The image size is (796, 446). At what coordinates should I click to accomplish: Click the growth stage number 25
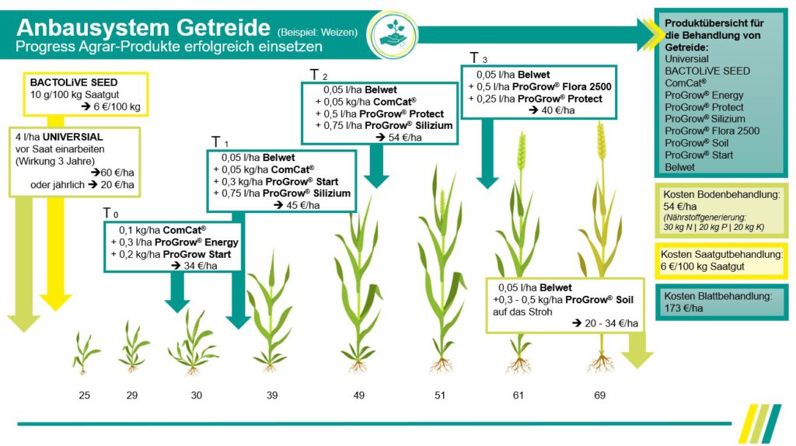click(x=84, y=395)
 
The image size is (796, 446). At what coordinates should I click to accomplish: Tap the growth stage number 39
click(x=272, y=395)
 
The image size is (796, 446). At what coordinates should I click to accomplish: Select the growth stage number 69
click(x=599, y=395)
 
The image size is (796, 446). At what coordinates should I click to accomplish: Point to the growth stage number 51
click(x=440, y=395)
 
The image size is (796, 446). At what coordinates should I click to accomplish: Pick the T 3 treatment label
click(x=479, y=57)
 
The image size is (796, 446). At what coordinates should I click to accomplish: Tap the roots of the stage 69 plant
click(x=600, y=363)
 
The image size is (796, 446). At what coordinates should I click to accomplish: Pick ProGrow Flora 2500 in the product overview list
click(x=706, y=131)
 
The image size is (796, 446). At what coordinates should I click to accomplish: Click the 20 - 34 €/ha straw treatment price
click(x=609, y=323)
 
